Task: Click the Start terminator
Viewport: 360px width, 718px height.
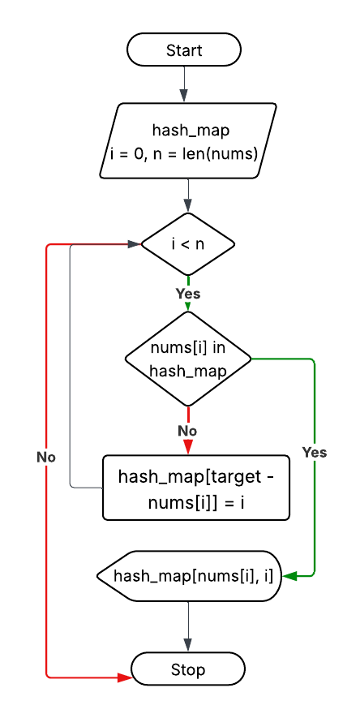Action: [184, 49]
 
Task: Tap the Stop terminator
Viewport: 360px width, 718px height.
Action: [188, 669]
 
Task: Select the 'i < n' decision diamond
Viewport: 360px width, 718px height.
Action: [188, 243]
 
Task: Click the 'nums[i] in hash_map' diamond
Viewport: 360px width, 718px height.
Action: [188, 359]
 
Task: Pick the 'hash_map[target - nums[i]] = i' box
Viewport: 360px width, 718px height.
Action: [196, 488]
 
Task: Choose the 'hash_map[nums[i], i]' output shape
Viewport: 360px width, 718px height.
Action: [190, 576]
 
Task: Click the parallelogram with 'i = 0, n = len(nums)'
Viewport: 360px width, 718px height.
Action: [188, 140]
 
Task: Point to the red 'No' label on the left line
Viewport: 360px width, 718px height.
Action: [46, 457]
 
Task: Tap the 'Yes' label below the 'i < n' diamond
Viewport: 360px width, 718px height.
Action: [188, 293]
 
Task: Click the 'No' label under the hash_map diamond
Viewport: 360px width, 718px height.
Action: [187, 431]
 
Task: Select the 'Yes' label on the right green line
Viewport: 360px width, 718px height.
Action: [314, 452]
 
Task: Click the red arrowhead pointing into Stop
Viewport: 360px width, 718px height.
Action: [125, 676]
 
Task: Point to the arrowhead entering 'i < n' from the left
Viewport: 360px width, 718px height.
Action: [135, 243]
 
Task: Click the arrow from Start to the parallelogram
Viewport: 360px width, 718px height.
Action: [184, 83]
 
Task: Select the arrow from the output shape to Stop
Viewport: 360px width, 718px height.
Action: [188, 626]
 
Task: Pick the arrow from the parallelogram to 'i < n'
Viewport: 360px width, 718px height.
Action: [188, 196]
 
